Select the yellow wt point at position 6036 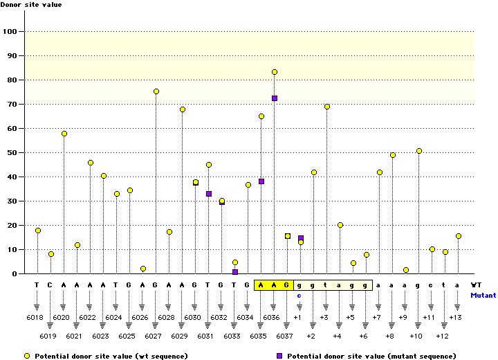click(275, 72)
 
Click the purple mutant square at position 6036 click(275, 98)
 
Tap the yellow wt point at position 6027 click(156, 91)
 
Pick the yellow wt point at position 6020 click(64, 134)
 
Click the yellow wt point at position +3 click(327, 107)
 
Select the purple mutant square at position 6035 click(261, 181)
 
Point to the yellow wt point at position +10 click(419, 151)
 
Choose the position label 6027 click(154, 336)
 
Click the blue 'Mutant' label click(483, 295)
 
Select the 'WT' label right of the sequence click(477, 285)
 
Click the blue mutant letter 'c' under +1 click(299, 296)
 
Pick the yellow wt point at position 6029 click(183, 109)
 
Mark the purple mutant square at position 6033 click(235, 272)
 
